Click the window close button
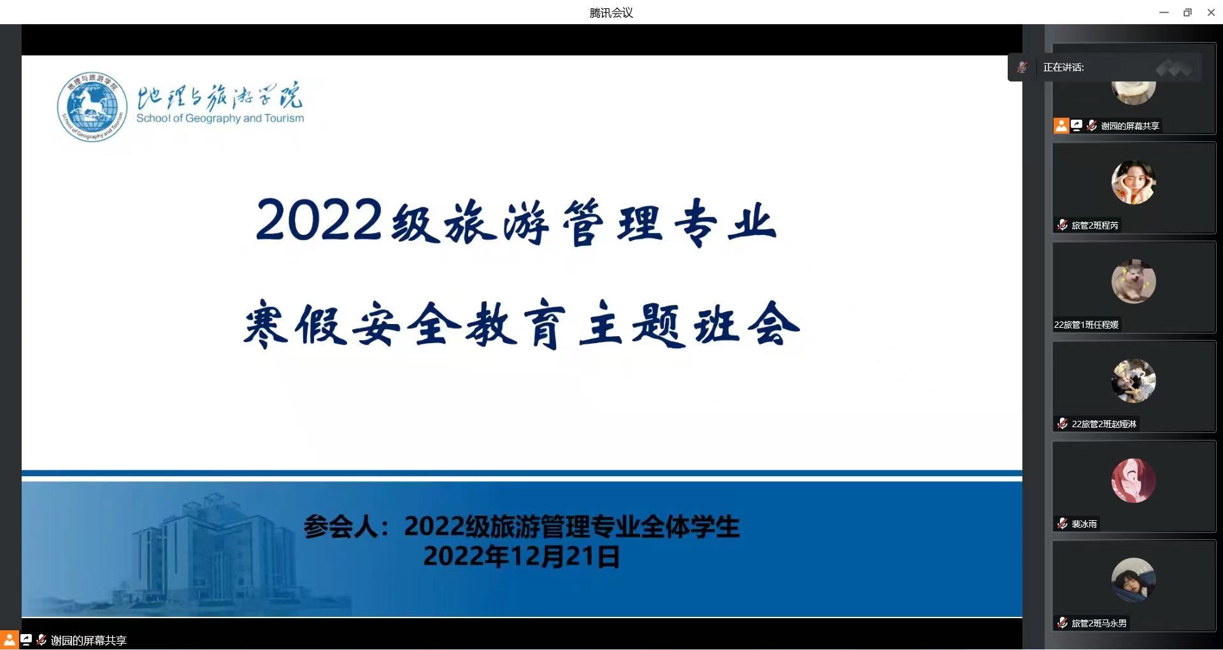click(1211, 13)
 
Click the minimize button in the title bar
click(1164, 13)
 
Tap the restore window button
click(1187, 13)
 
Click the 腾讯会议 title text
click(611, 13)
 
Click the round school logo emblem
click(91, 106)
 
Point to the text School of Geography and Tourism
click(220, 118)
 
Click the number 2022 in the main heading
click(319, 220)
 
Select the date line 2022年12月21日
click(521, 556)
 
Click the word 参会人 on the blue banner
click(341, 527)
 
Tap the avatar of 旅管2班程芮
click(1133, 182)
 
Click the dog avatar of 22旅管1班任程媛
click(1133, 281)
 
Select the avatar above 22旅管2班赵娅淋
click(1133, 381)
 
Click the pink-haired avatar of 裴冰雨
click(1133, 481)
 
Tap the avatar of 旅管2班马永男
click(1133, 580)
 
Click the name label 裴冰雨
click(1084, 524)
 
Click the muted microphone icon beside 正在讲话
click(1022, 67)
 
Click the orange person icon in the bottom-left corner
click(9, 640)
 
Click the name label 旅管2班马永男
click(1099, 623)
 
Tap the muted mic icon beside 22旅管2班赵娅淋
click(1062, 423)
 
